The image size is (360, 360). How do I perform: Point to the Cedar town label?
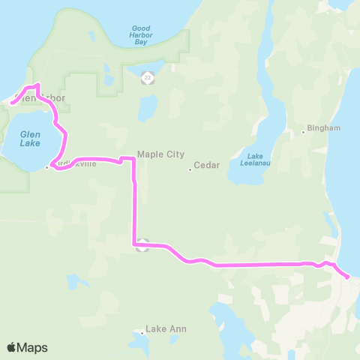[x=206, y=165]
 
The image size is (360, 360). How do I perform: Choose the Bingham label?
[x=323, y=128]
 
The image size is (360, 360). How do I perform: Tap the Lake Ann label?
[x=166, y=328]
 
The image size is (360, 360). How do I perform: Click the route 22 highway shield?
[x=148, y=77]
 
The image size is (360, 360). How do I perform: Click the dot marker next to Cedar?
[x=190, y=169]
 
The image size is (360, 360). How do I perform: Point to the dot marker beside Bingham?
[x=304, y=132]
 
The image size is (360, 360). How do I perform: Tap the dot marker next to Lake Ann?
[x=142, y=332]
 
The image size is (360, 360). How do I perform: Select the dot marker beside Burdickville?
[x=46, y=167]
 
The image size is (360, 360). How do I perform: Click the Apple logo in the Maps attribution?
[x=11, y=347]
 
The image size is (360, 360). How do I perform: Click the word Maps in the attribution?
[x=32, y=347]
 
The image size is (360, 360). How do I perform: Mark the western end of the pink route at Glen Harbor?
[x=13, y=103]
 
